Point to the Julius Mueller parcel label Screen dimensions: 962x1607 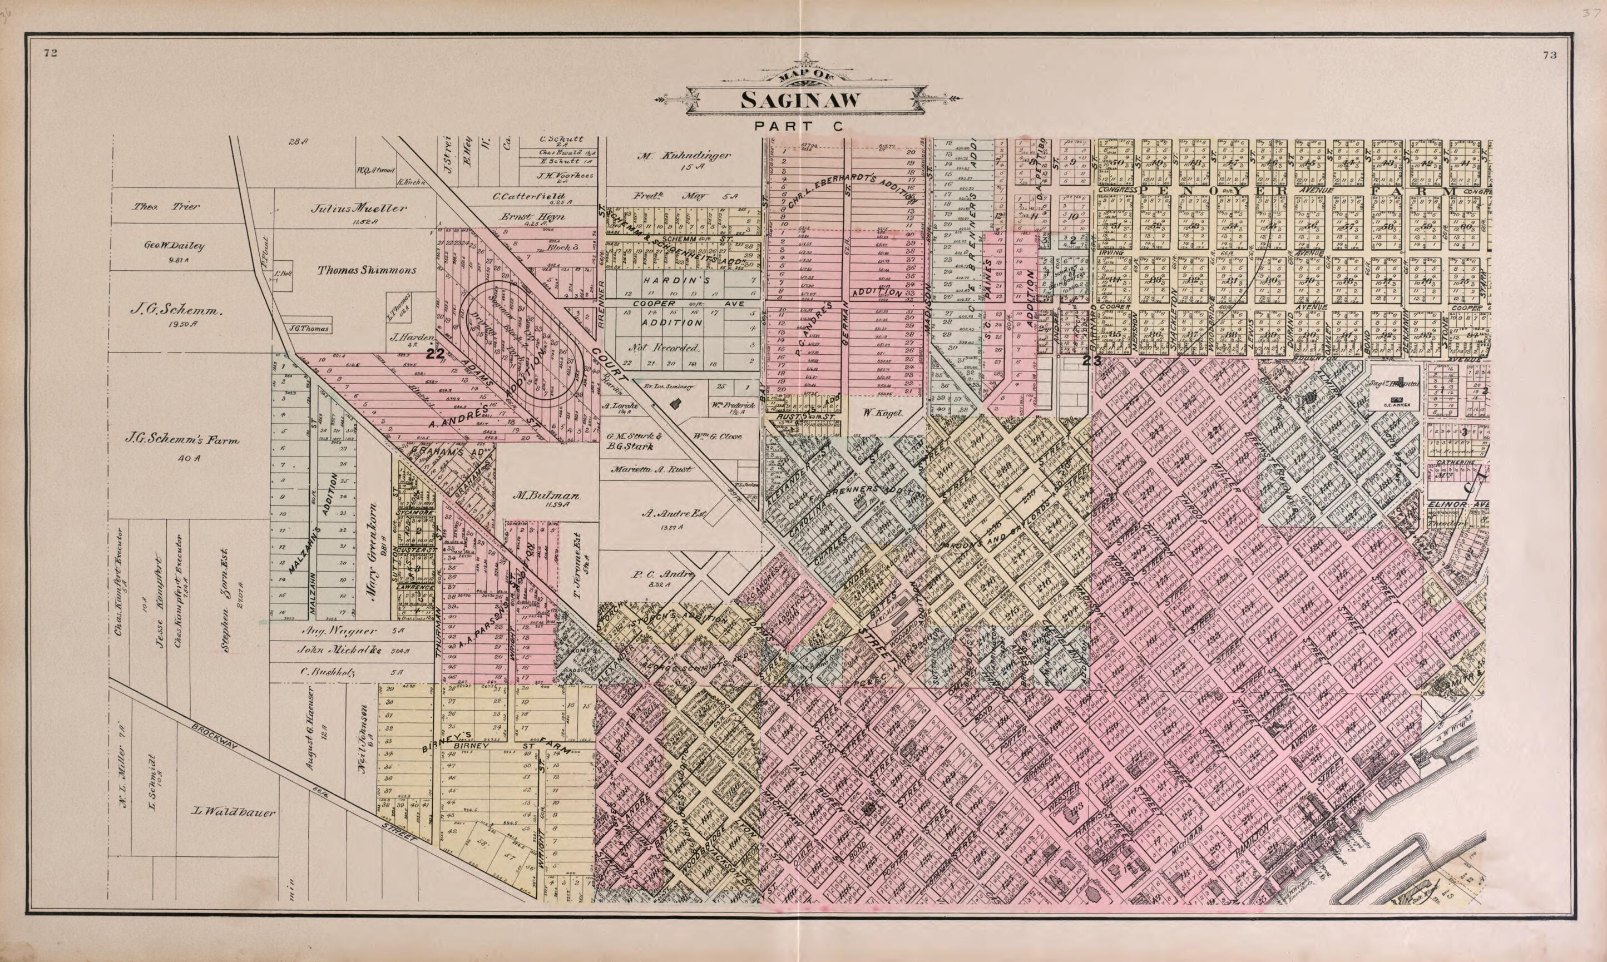pos(358,209)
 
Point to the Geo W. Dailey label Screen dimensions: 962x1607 pos(175,246)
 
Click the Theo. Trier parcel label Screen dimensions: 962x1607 pos(166,207)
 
